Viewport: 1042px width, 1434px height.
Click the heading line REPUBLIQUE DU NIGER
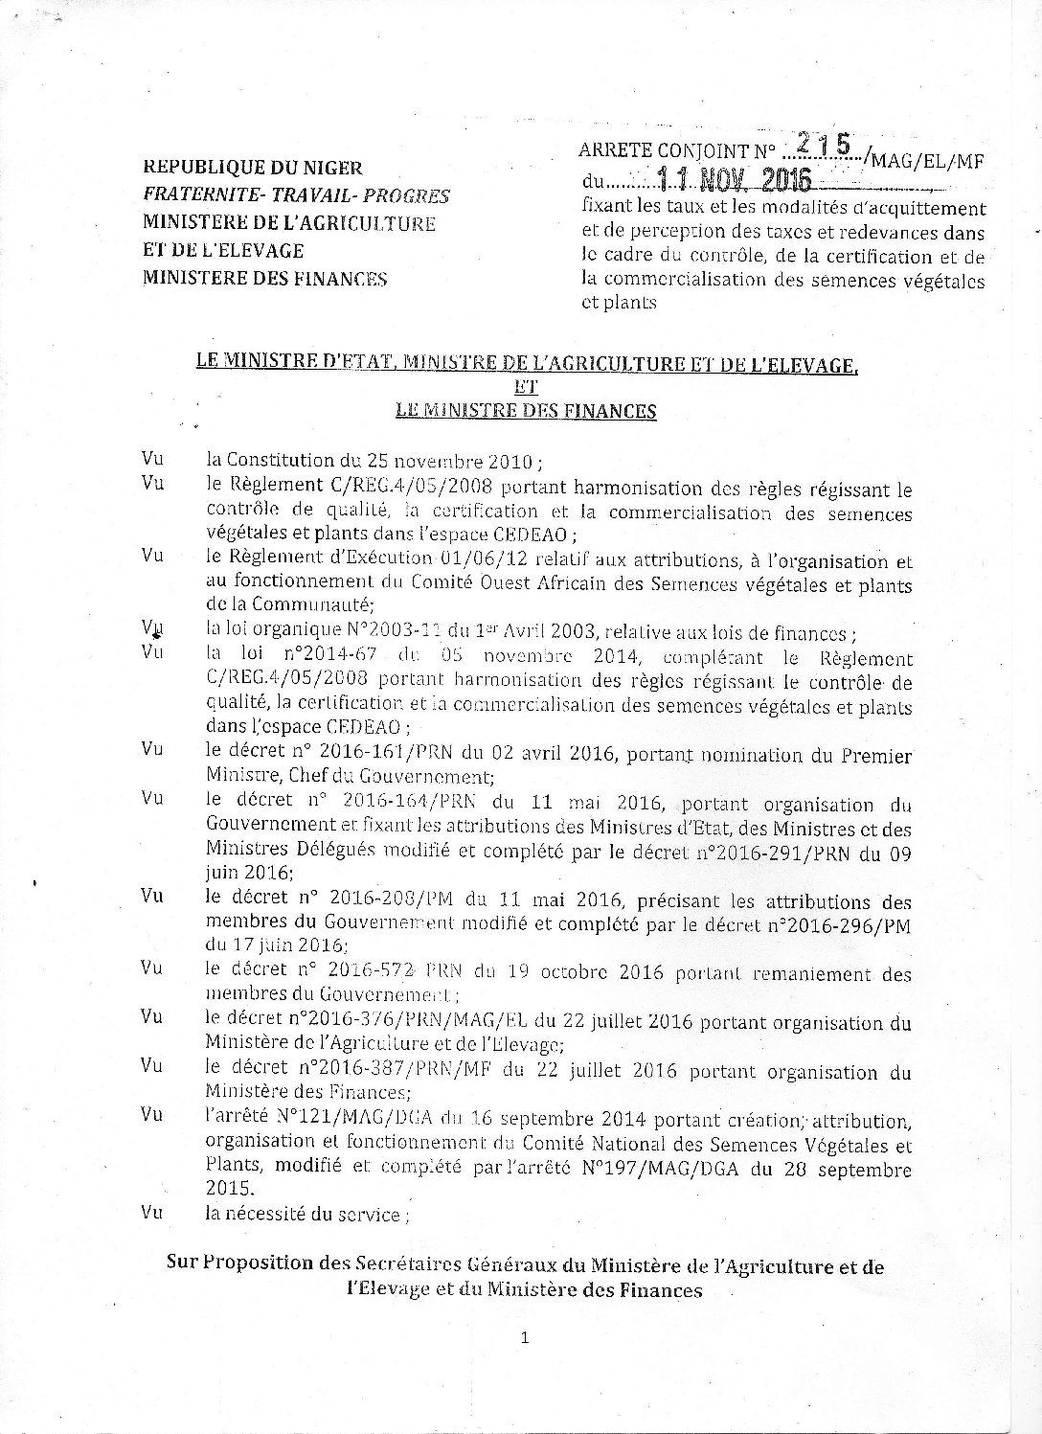(x=252, y=168)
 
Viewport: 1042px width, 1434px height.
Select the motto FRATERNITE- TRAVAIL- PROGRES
(x=296, y=195)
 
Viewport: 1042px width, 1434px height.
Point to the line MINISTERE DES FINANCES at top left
(x=264, y=279)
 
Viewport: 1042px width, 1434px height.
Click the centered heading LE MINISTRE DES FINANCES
(x=526, y=411)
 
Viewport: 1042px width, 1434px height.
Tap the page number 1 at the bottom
(x=525, y=1338)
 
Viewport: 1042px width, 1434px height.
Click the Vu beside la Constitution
(x=151, y=459)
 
